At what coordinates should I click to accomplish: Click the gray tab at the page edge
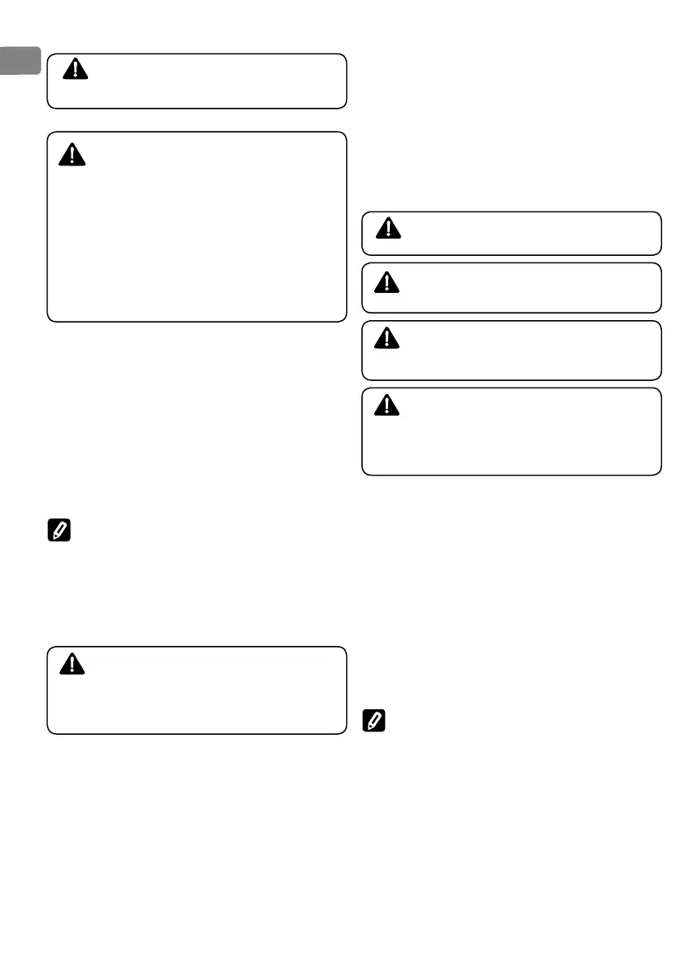(20, 60)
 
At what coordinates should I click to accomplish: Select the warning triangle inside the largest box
(76, 155)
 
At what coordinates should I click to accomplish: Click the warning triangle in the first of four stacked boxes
(390, 227)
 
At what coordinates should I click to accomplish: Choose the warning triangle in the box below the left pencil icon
(76, 663)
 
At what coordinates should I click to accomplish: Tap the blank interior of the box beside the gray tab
(214, 81)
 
